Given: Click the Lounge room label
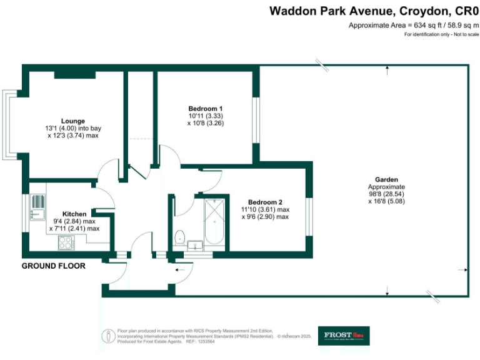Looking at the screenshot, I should click(73, 121).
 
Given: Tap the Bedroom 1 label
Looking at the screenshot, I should click(206, 108).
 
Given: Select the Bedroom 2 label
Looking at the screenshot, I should click(265, 202).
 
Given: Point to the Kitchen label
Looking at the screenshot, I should click(74, 214).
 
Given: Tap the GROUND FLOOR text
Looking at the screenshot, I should click(53, 266).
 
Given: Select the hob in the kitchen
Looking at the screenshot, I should click(65, 244).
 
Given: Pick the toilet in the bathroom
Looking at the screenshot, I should click(179, 236).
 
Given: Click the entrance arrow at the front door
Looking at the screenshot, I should click(181, 269).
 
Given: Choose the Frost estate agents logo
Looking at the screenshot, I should click(343, 336).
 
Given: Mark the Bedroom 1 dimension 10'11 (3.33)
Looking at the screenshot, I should click(206, 116).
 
